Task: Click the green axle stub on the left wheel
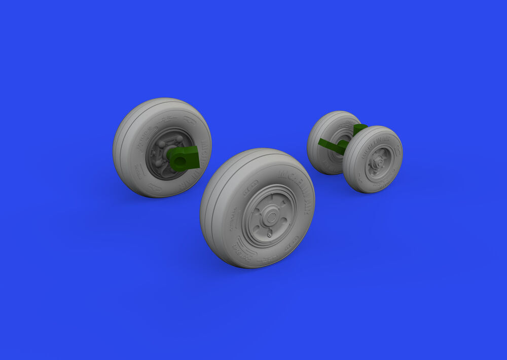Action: (x=185, y=158)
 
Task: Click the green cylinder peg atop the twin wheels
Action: (x=360, y=129)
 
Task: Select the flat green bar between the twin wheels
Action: (x=332, y=147)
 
